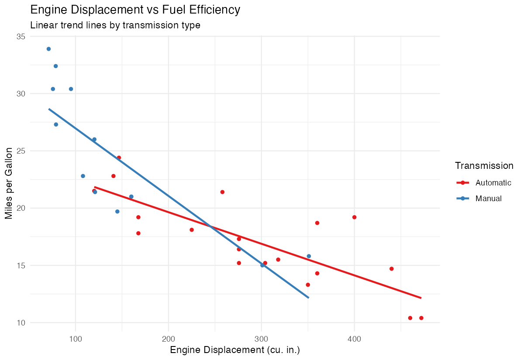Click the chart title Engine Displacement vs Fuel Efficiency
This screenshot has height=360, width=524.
coord(135,10)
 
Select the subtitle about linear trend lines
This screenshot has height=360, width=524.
coord(115,25)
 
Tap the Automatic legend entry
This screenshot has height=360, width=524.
coord(493,182)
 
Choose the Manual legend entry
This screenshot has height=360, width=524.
coord(488,199)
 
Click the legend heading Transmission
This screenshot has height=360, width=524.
coord(484,166)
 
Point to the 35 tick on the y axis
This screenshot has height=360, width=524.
coord(21,37)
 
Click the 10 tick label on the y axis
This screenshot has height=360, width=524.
coord(21,323)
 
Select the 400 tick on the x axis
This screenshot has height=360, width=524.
coord(354,339)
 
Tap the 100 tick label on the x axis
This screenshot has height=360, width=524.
coord(76,339)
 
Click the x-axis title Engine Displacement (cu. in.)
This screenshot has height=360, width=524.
coord(235,350)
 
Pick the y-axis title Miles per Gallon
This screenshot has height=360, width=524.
coord(9,183)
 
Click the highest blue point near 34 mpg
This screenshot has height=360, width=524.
coord(48,49)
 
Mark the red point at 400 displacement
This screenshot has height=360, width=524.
coord(354,217)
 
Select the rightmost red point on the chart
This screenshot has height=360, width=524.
coord(421,318)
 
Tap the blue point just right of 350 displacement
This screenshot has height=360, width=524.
coord(309,256)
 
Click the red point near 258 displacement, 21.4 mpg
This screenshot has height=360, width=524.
coord(222,192)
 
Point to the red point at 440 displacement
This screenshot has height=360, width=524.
coord(391,269)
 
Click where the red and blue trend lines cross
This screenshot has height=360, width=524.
coord(210,226)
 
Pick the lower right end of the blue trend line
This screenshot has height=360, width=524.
coord(308,298)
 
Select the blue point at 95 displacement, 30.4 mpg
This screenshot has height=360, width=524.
coord(71,89)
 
